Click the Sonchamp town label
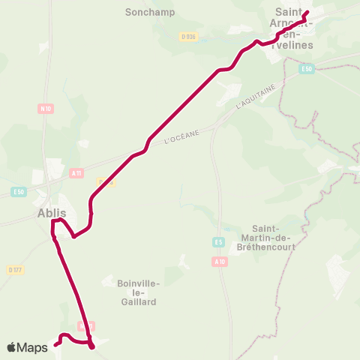148,13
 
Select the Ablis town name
51,213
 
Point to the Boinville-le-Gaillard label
137,292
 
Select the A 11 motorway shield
76,172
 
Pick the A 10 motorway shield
219,262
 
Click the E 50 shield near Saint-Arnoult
305,69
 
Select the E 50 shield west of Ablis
19,192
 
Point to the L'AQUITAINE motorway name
256,97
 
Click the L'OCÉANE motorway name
181,138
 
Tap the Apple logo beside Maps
12,347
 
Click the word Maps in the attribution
33,347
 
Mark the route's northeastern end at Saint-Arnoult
307,11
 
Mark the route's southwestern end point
55,346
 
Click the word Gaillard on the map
137,301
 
